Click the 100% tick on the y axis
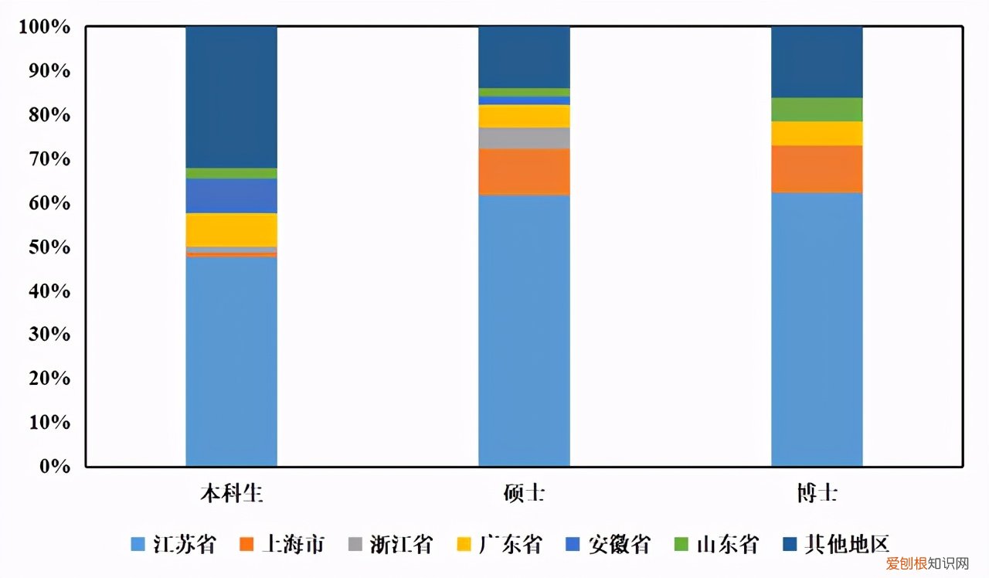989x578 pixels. (45, 28)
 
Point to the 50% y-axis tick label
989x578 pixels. (49, 248)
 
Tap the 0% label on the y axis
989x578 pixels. (56, 467)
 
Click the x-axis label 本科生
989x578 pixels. (231, 493)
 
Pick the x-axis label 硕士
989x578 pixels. (524, 493)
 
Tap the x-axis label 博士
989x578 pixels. (817, 493)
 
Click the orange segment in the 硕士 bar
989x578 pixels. (524, 172)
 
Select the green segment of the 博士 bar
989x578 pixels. (817, 110)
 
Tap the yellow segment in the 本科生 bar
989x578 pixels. (231, 229)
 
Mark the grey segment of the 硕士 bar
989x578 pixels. (524, 138)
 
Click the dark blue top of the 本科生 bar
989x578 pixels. (231, 97)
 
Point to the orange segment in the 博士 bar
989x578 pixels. (817, 168)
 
